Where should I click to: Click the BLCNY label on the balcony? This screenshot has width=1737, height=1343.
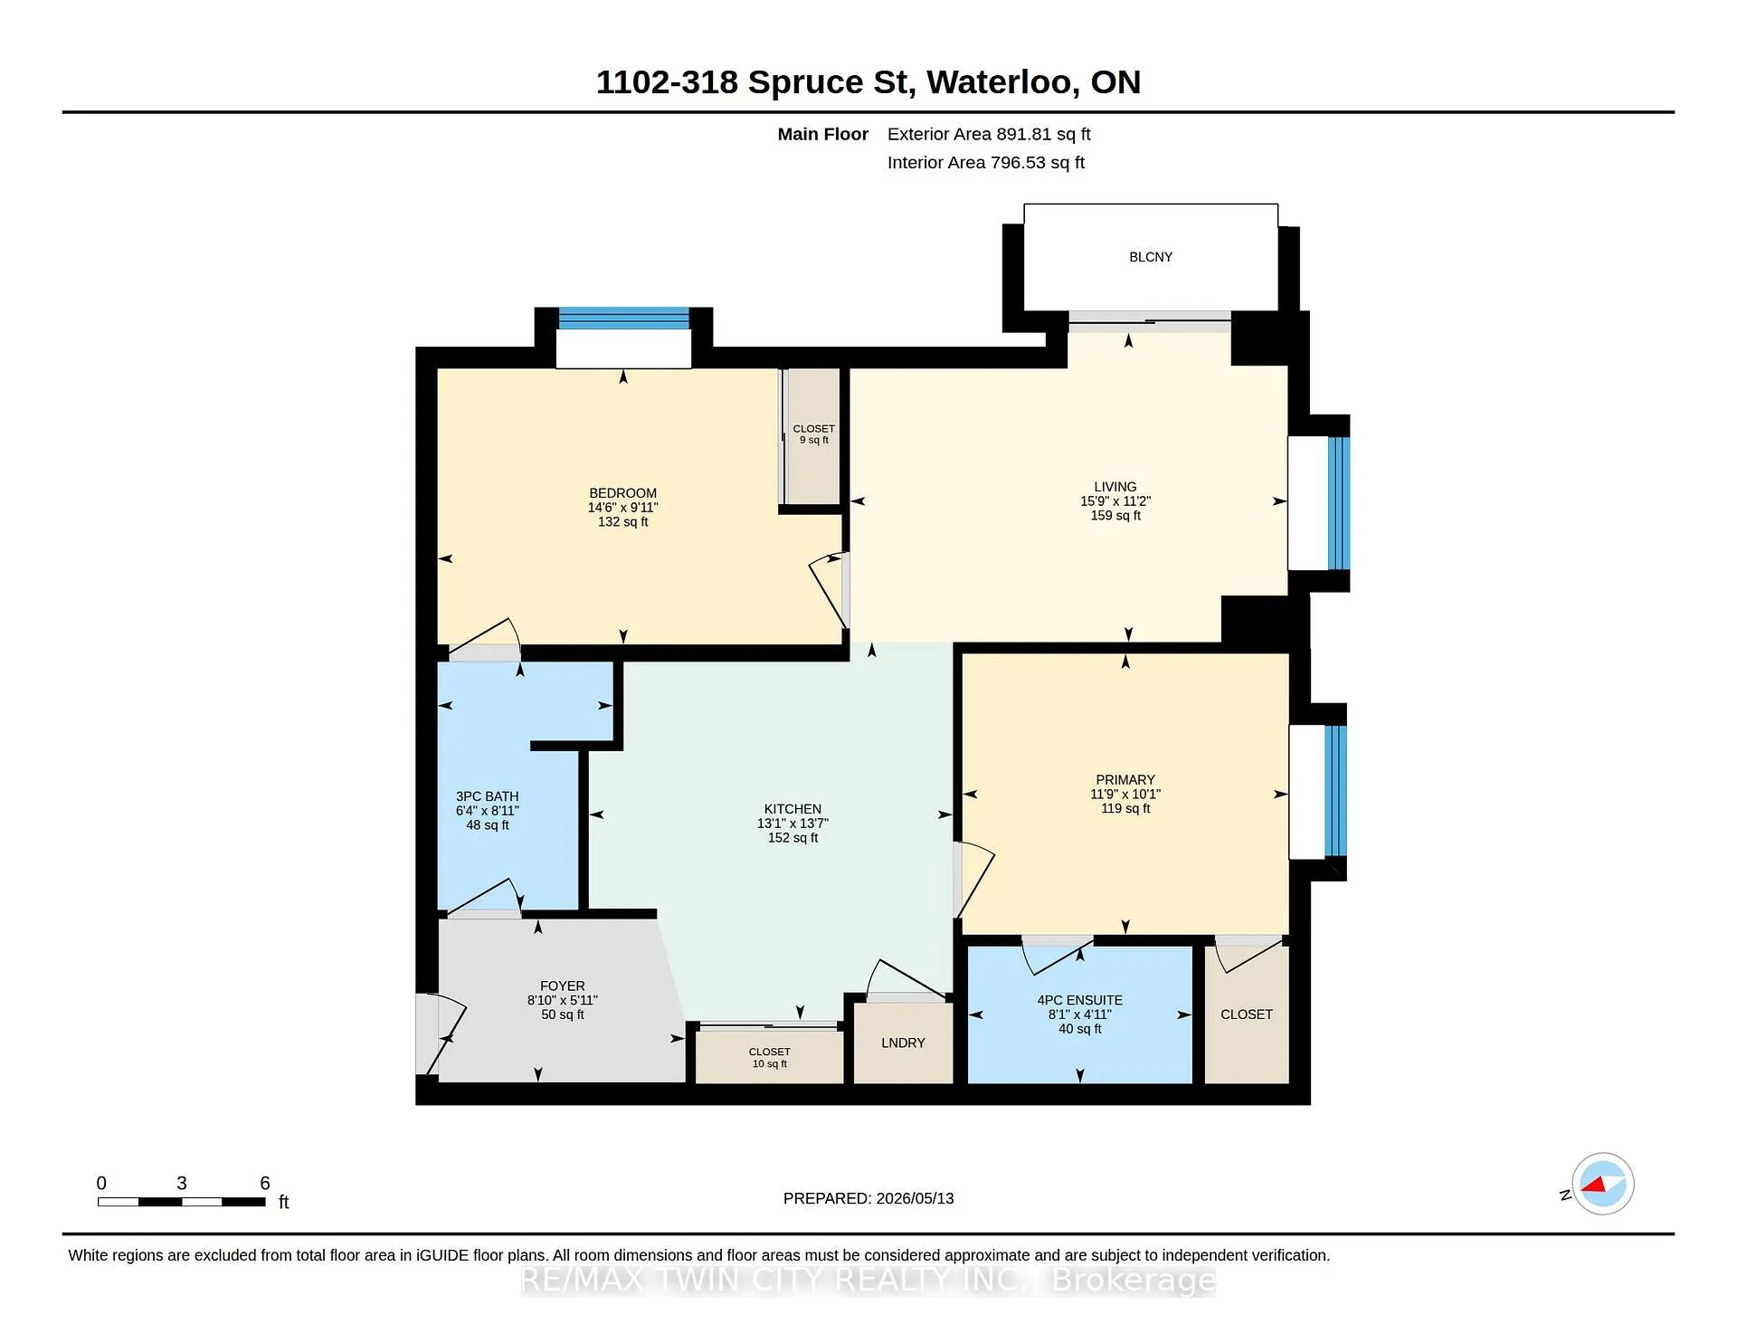pyautogui.click(x=1151, y=257)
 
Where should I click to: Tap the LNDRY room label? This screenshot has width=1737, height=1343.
pyautogui.click(x=903, y=1043)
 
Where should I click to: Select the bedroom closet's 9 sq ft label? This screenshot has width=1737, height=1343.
pyautogui.click(x=814, y=440)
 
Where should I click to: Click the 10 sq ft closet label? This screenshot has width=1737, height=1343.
pyautogui.click(x=770, y=1063)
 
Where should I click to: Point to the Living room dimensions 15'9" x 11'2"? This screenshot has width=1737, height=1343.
pyautogui.click(x=1115, y=501)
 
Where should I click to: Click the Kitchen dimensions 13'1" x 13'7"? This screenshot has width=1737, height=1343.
pyautogui.click(x=793, y=824)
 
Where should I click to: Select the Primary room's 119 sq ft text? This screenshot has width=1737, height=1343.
pyautogui.click(x=1125, y=808)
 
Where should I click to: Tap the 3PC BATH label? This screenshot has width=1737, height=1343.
pyautogui.click(x=488, y=796)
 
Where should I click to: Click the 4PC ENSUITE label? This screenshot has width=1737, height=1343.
pyautogui.click(x=1080, y=1000)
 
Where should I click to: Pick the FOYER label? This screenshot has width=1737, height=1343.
pyautogui.click(x=563, y=986)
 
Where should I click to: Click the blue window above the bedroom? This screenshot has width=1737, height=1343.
pyautogui.click(x=623, y=319)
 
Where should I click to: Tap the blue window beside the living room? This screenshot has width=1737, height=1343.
pyautogui.click(x=1339, y=503)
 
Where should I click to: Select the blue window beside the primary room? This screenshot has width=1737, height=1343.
pyautogui.click(x=1335, y=790)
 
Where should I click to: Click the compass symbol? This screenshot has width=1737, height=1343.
pyautogui.click(x=1602, y=1184)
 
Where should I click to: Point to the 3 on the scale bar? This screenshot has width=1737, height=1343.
pyautogui.click(x=182, y=1183)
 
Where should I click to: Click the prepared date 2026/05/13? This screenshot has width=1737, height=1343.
pyautogui.click(x=916, y=1198)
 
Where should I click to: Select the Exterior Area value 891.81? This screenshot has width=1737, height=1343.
pyautogui.click(x=1024, y=134)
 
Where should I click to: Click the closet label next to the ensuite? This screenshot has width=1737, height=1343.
pyautogui.click(x=1247, y=1014)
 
